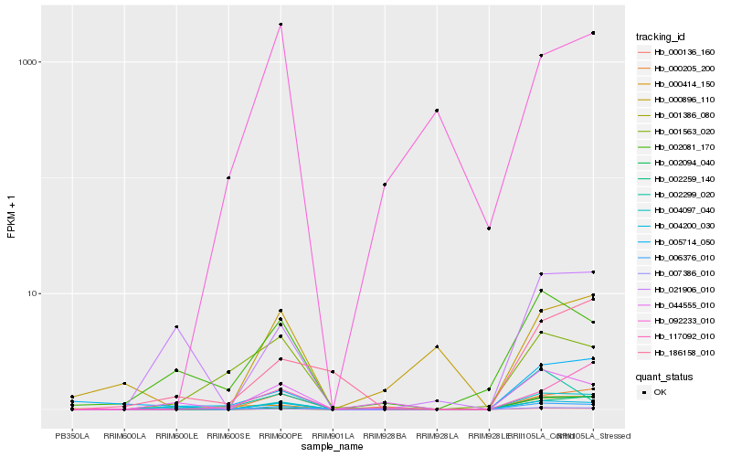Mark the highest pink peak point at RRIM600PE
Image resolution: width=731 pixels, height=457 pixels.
click(x=281, y=25)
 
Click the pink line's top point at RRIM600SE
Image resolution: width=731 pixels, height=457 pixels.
click(x=228, y=177)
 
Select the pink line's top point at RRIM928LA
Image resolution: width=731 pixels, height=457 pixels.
click(x=438, y=111)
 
